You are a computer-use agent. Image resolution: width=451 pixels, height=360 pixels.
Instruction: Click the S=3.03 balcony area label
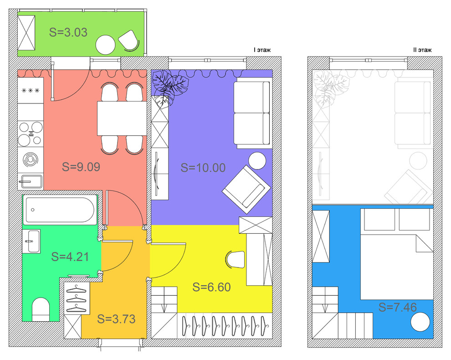coord(68,32)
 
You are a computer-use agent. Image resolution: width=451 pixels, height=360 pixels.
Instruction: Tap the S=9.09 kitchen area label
coord(81,167)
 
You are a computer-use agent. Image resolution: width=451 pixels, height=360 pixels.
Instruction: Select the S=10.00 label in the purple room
coord(203,168)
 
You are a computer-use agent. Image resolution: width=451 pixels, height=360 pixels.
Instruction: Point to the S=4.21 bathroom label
coord(70,257)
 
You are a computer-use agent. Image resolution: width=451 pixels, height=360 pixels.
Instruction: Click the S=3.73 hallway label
coord(116,319)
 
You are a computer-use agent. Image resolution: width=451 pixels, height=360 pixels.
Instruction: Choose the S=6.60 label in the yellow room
coord(212,287)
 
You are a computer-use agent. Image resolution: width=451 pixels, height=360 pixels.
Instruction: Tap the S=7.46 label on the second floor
coord(398,307)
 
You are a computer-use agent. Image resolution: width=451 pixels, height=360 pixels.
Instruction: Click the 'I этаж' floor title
coord(262,50)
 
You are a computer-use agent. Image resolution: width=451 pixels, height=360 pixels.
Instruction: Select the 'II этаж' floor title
coord(422,50)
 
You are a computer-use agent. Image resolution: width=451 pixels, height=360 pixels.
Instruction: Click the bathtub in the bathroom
coord(60,210)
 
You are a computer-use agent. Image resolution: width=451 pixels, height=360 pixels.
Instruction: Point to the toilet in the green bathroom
coord(41,309)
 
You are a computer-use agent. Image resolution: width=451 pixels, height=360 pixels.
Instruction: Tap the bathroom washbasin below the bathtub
coord(31,241)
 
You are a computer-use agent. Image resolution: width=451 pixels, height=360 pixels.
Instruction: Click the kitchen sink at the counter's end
coord(31,181)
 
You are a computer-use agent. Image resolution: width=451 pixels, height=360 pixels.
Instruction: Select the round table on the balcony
coord(106,45)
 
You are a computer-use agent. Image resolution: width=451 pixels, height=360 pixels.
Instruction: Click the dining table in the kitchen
coord(122,118)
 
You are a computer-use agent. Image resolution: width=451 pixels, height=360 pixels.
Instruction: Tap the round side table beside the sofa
coord(257,161)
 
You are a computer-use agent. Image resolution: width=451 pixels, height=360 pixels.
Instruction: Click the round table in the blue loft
coord(420,322)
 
